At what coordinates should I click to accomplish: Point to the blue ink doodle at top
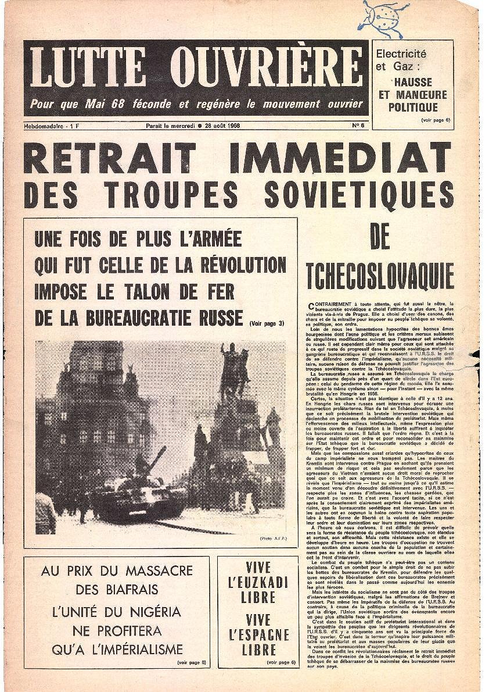(383, 18)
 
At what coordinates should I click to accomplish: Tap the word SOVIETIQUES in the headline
(359, 195)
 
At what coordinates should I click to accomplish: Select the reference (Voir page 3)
(267, 323)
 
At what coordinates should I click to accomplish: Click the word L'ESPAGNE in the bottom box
(258, 634)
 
